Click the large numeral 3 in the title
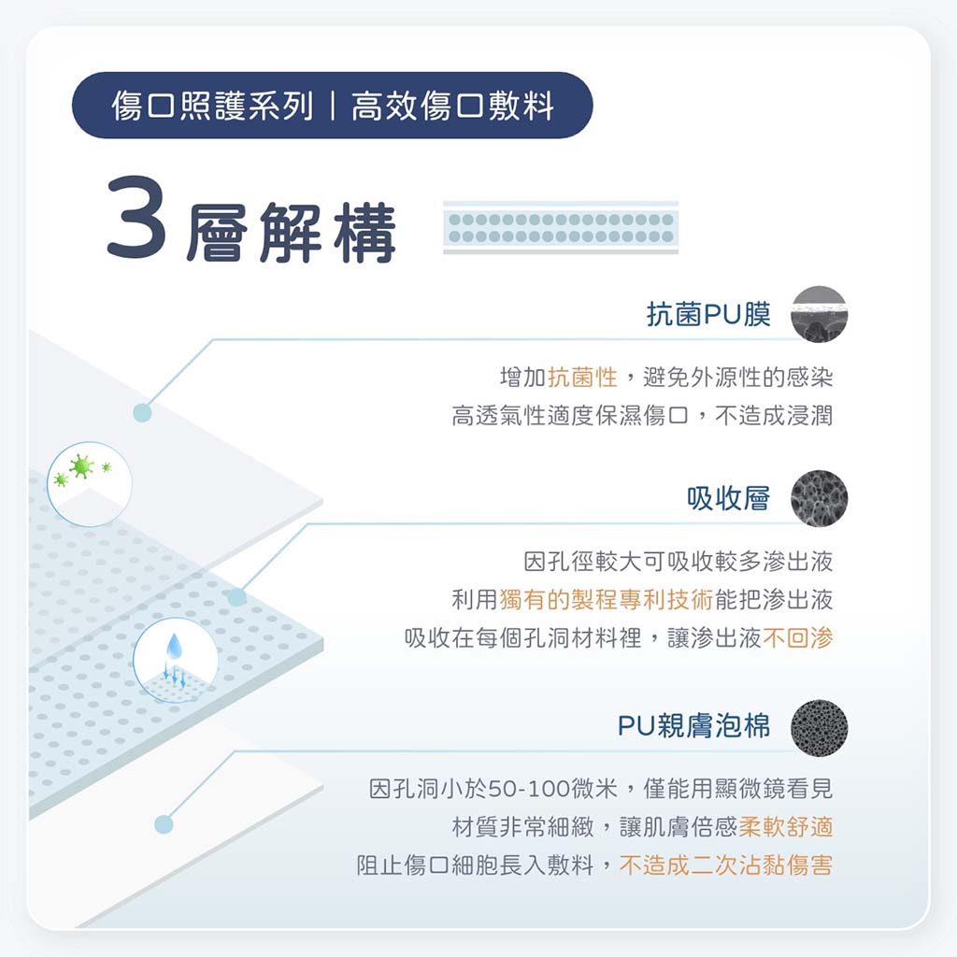tap(136, 217)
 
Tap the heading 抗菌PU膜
tap(708, 314)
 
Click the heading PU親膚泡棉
tap(694, 725)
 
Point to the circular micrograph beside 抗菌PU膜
tap(819, 314)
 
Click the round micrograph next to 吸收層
tap(819, 499)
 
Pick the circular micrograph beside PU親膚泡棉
tap(819, 727)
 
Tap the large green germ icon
tap(81, 466)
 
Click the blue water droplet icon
tap(174, 647)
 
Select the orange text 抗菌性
tap(583, 378)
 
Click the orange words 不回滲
tap(798, 637)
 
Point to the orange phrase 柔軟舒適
tap(786, 827)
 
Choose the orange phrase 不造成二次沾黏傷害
tap(726, 864)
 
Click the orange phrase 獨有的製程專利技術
tap(606, 599)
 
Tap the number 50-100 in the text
tap(529, 789)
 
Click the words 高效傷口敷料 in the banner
tap(453, 106)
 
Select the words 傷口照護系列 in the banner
tap(212, 106)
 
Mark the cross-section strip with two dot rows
tap(561, 227)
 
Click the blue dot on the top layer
tap(142, 412)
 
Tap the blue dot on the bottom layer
tap(164, 824)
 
